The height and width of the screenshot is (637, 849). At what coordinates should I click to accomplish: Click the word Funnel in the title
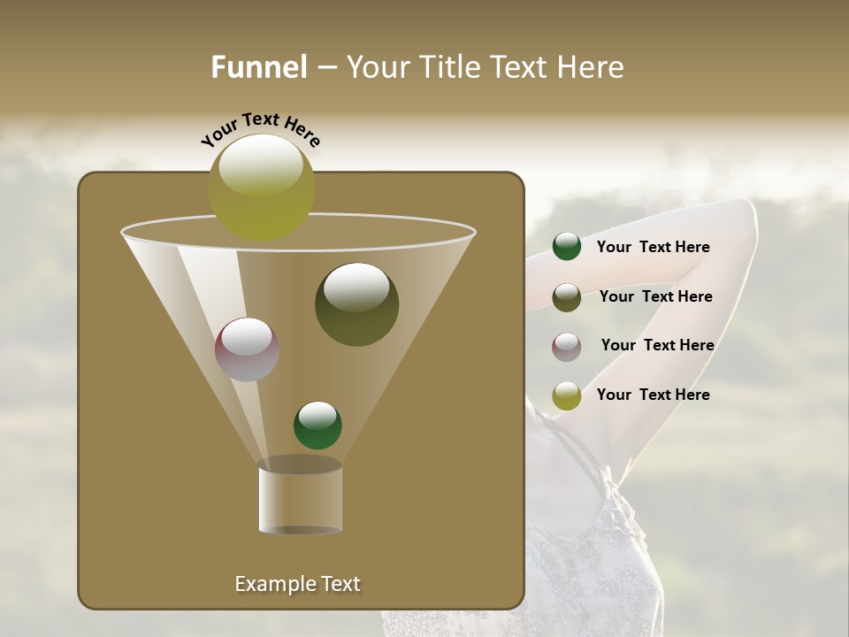259,67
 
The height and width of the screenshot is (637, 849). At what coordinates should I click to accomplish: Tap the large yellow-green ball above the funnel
262,188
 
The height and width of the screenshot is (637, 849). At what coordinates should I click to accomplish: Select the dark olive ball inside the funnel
356,305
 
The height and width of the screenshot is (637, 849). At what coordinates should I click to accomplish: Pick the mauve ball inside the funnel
247,349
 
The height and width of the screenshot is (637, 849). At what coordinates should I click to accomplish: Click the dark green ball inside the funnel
317,425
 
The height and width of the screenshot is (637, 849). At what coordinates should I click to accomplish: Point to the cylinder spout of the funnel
300,497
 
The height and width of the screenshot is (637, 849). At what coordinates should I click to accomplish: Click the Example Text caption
297,584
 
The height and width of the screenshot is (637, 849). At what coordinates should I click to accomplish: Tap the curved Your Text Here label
260,129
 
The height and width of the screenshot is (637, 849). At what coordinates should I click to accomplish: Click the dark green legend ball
567,247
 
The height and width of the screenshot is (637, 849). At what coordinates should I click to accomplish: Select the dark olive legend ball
567,297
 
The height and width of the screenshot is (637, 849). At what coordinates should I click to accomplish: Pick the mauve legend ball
567,347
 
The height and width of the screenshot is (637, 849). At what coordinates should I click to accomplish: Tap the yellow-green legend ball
567,395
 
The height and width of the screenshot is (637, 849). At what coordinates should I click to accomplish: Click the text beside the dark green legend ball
653,247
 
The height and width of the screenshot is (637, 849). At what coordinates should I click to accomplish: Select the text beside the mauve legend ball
657,345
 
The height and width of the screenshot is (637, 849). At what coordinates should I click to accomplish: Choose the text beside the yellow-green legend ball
653,395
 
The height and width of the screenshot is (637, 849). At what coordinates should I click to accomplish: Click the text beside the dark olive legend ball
655,296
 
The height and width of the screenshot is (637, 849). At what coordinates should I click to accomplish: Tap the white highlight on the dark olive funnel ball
356,286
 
